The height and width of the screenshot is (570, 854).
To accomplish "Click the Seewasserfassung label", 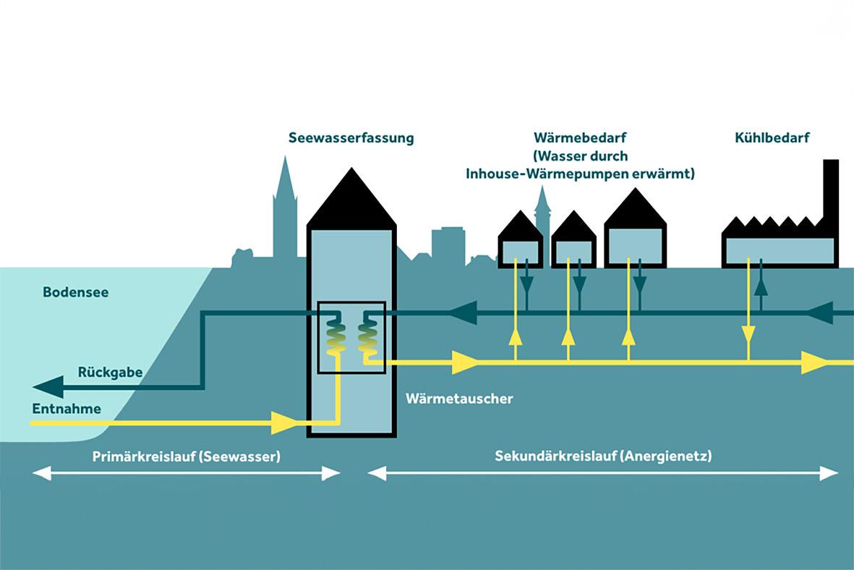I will pos(351,137).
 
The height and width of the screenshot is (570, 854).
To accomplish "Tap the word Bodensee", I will pos(75,293).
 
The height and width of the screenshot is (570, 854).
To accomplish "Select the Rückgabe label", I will pos(110,373).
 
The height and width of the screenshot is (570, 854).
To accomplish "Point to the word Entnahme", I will pos(67,409).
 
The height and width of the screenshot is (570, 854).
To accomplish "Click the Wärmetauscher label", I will pos(459,399).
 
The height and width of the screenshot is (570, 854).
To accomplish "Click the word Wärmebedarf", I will pos(580,137).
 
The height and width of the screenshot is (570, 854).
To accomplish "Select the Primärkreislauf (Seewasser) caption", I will pos(186,456).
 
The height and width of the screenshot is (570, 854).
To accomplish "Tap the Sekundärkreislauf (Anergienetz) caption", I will pos(603,456).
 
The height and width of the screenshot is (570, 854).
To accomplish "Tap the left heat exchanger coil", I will pos(335,336).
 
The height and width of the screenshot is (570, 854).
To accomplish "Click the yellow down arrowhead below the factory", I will pos(748,334).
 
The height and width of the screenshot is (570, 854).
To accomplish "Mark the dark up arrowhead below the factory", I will pos(761,286).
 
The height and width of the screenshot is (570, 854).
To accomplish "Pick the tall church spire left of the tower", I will pos(285,210).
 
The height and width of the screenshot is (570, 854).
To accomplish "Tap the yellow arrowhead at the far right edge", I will pos(814,362).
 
